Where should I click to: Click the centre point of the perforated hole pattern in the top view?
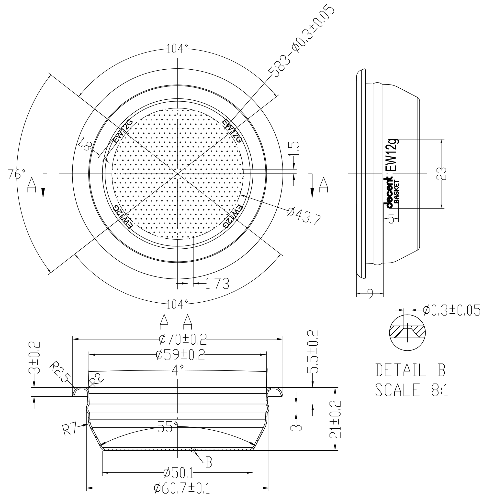(178, 174)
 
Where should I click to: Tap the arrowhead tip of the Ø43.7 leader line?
(240, 195)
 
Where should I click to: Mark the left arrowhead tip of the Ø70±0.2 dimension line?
(73, 339)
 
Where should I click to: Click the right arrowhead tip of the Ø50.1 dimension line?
(253, 473)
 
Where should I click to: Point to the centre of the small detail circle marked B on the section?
(193, 450)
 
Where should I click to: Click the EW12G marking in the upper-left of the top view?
(123, 131)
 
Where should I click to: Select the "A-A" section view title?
(176, 322)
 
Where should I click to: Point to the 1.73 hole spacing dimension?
(217, 284)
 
